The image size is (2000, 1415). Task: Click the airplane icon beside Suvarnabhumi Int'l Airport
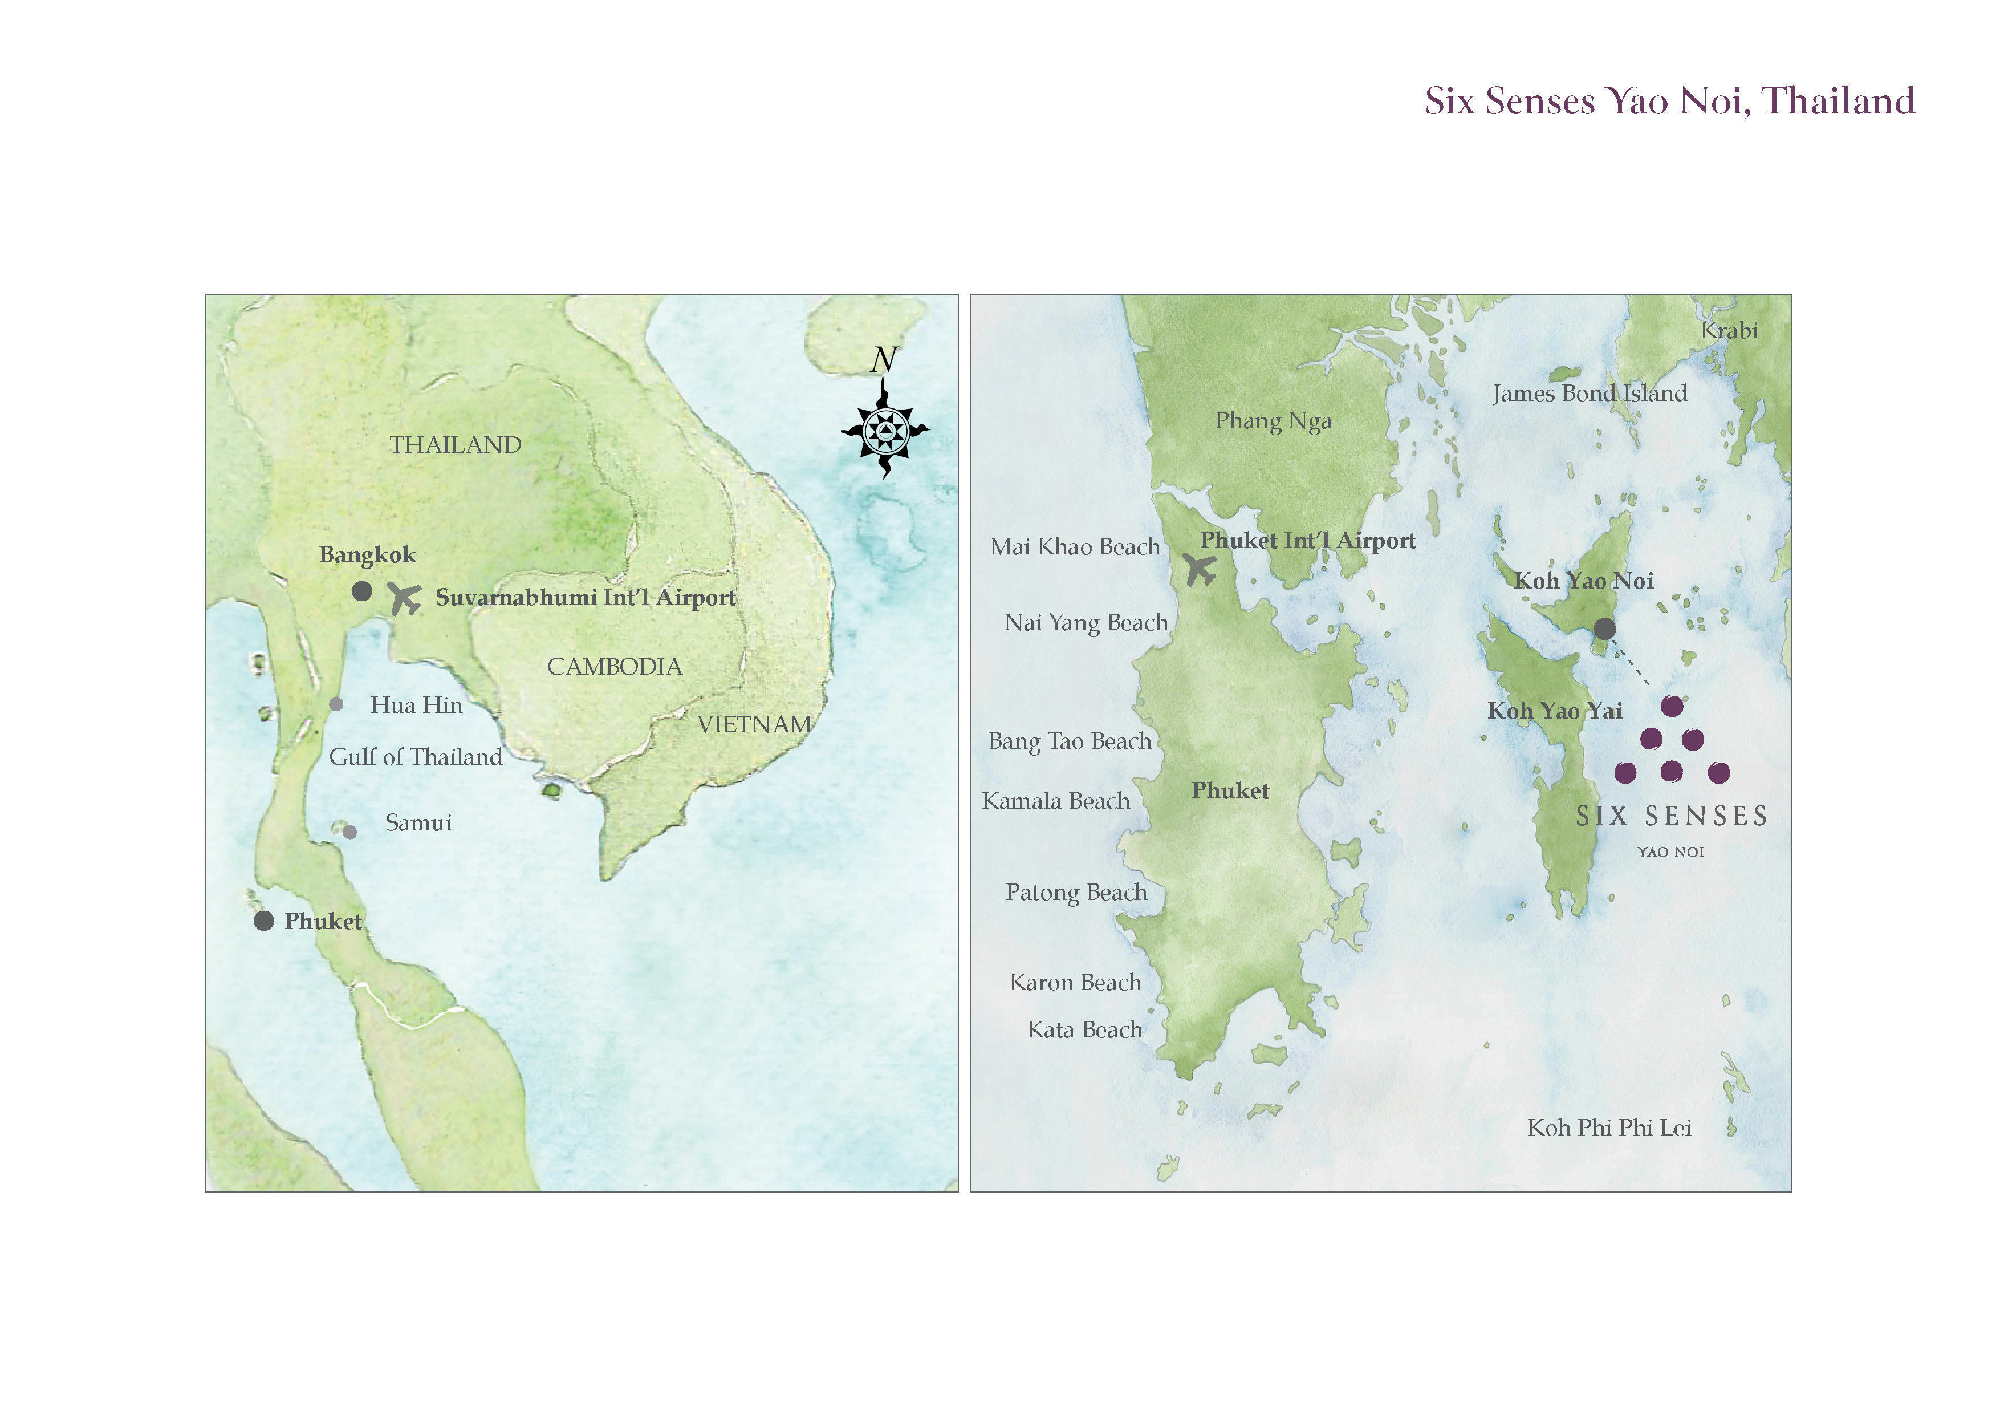pyautogui.click(x=404, y=599)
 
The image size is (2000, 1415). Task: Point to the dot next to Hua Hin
pyautogui.click(x=336, y=704)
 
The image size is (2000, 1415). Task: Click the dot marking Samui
pyautogui.click(x=349, y=832)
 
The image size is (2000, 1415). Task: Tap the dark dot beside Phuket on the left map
pyautogui.click(x=264, y=921)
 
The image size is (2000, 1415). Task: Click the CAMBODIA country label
pyautogui.click(x=614, y=667)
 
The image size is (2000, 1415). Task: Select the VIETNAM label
pyautogui.click(x=754, y=724)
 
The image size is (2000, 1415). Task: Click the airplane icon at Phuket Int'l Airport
pyautogui.click(x=1200, y=570)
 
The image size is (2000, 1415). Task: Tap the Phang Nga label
pyautogui.click(x=1273, y=421)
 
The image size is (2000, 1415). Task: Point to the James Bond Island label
pyautogui.click(x=1589, y=393)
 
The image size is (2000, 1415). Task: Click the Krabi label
pyautogui.click(x=1729, y=330)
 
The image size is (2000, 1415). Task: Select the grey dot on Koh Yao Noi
pyautogui.click(x=1604, y=628)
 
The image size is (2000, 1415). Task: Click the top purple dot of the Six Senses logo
pyautogui.click(x=1672, y=706)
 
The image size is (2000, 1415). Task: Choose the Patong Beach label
pyautogui.click(x=1076, y=892)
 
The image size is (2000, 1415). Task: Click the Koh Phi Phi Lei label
pyautogui.click(x=1609, y=1128)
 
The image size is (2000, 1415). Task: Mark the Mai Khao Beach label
pyautogui.click(x=1075, y=546)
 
